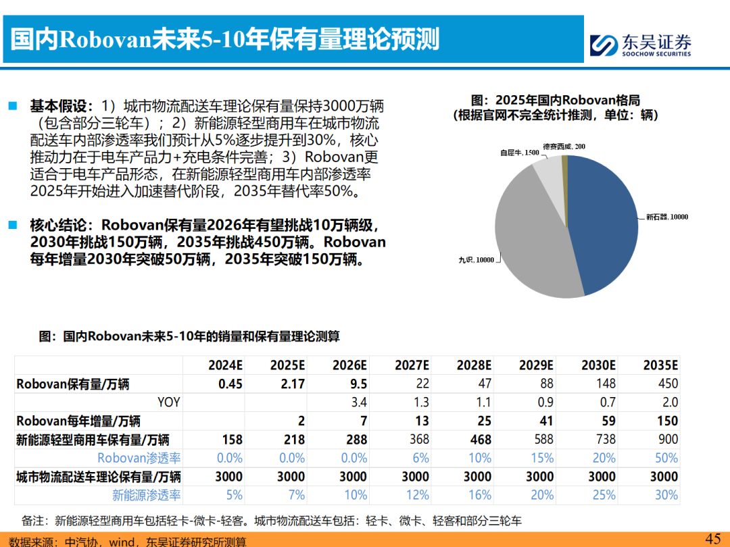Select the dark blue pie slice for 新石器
pyautogui.click(x=605, y=223)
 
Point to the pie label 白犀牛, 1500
pyautogui.click(x=519, y=153)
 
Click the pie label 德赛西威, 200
pyautogui.click(x=564, y=146)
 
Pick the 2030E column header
pyautogui.click(x=598, y=365)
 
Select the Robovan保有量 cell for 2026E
pyautogui.click(x=359, y=384)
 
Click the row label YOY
pyautogui.click(x=169, y=402)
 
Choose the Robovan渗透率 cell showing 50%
pyautogui.click(x=666, y=458)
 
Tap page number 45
pyautogui.click(x=713, y=538)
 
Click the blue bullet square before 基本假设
pyautogui.click(x=13, y=106)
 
